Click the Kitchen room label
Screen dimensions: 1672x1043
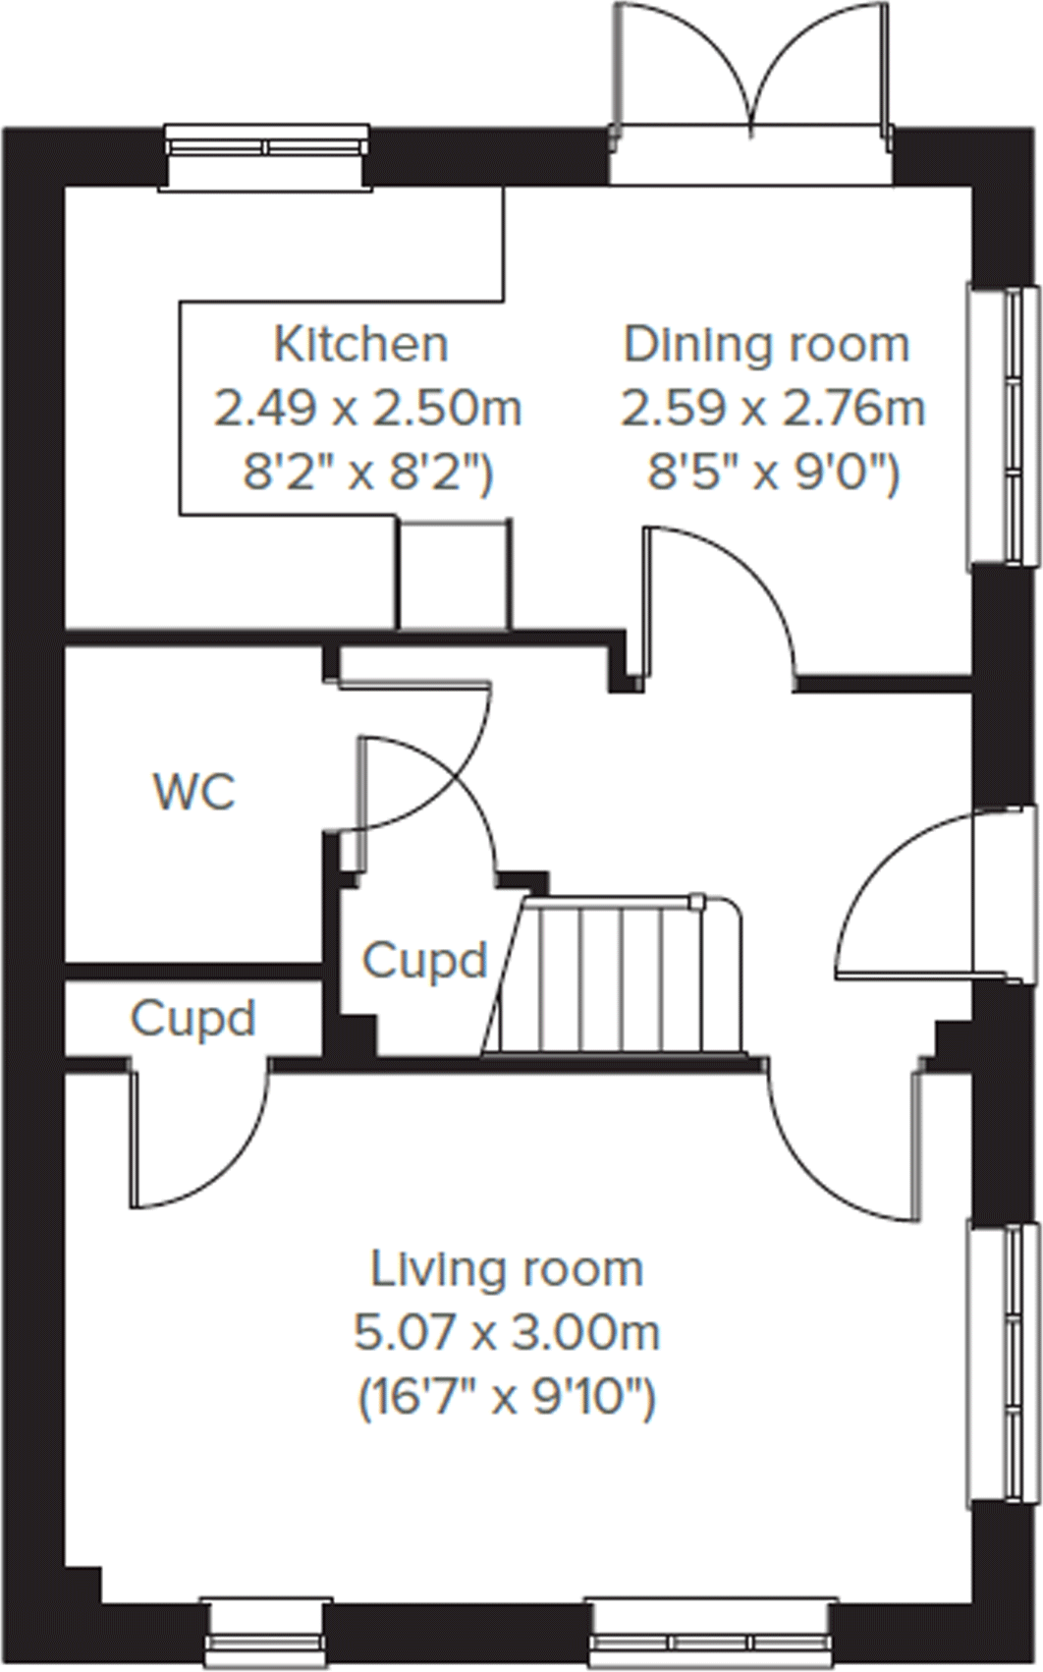click(x=360, y=345)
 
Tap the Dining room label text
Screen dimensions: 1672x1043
click(x=766, y=345)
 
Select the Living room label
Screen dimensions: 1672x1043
click(x=507, y=1269)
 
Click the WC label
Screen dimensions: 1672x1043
click(x=194, y=792)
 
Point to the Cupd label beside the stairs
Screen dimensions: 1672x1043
click(x=424, y=960)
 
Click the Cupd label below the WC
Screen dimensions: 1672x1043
click(x=193, y=1019)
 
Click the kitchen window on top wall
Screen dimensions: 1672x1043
click(x=266, y=145)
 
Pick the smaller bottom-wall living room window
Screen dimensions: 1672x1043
click(x=264, y=1636)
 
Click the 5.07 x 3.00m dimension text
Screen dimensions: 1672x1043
click(x=507, y=1332)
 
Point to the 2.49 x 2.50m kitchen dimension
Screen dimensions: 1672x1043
click(x=367, y=409)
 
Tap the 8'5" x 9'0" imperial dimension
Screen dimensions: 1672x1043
click(x=772, y=474)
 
